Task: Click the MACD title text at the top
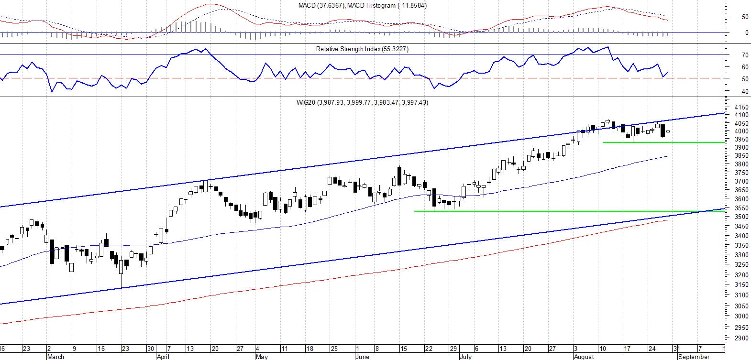pyautogui.click(x=363, y=5)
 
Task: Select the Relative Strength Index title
pyautogui.click(x=362, y=49)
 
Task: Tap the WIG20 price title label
pyautogui.click(x=362, y=102)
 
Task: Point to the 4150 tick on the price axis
pyautogui.click(x=741, y=107)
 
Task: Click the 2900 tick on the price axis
pyautogui.click(x=741, y=338)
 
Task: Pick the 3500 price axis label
pyautogui.click(x=741, y=217)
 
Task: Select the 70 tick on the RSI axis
pyautogui.click(x=745, y=55)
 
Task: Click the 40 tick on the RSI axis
pyautogui.click(x=745, y=91)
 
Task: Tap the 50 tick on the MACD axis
pyautogui.click(x=745, y=17)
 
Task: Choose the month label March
pyautogui.click(x=55, y=357)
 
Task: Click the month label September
pyautogui.click(x=694, y=357)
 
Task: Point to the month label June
pyautogui.click(x=363, y=357)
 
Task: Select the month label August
pyautogui.click(x=584, y=357)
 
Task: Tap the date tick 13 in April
pyautogui.click(x=190, y=349)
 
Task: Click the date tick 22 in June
pyautogui.click(x=429, y=349)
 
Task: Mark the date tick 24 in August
pyautogui.click(x=652, y=349)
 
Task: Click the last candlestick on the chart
pyautogui.click(x=668, y=131)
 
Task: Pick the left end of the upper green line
pyautogui.click(x=603, y=142)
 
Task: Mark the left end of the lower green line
pyautogui.click(x=414, y=211)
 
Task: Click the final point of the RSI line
pyautogui.click(x=668, y=72)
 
